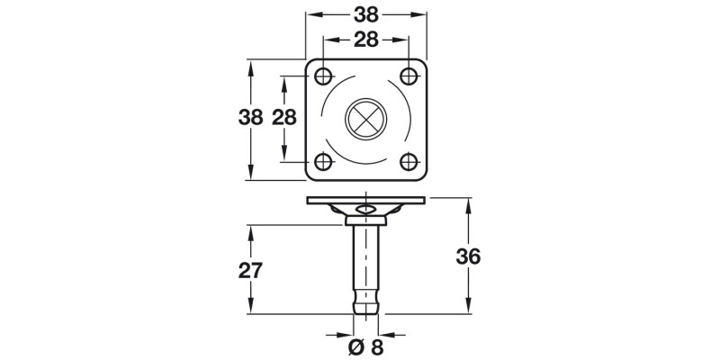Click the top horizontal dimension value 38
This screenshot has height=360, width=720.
pyautogui.click(x=365, y=15)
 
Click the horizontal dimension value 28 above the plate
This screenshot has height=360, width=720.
pyautogui.click(x=365, y=40)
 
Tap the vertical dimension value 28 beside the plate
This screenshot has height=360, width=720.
pyautogui.click(x=284, y=117)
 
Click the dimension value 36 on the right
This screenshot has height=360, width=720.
pyautogui.click(x=468, y=256)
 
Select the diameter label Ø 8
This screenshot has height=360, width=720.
pyautogui.click(x=364, y=347)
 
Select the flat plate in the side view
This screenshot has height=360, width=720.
pyautogui.click(x=365, y=200)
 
